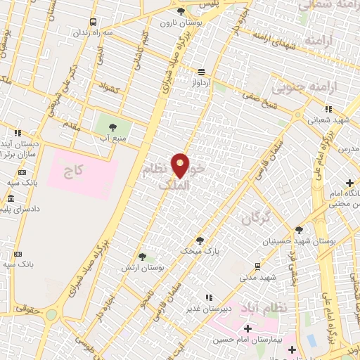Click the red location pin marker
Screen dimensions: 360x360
pos(181,165)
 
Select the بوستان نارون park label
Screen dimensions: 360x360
pos(181,22)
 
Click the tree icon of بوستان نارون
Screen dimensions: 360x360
pos(181,11)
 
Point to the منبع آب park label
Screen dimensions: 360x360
pos(113,139)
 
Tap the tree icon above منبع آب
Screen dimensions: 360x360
pos(113,127)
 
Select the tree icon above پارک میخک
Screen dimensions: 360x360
pos(200,240)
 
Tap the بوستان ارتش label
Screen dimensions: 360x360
pos(143,269)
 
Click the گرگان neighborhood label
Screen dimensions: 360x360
pos(256,219)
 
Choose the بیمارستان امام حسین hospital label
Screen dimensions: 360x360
pos(247,340)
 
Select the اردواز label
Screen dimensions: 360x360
pos(202,83)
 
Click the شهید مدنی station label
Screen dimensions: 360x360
pos(257,276)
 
